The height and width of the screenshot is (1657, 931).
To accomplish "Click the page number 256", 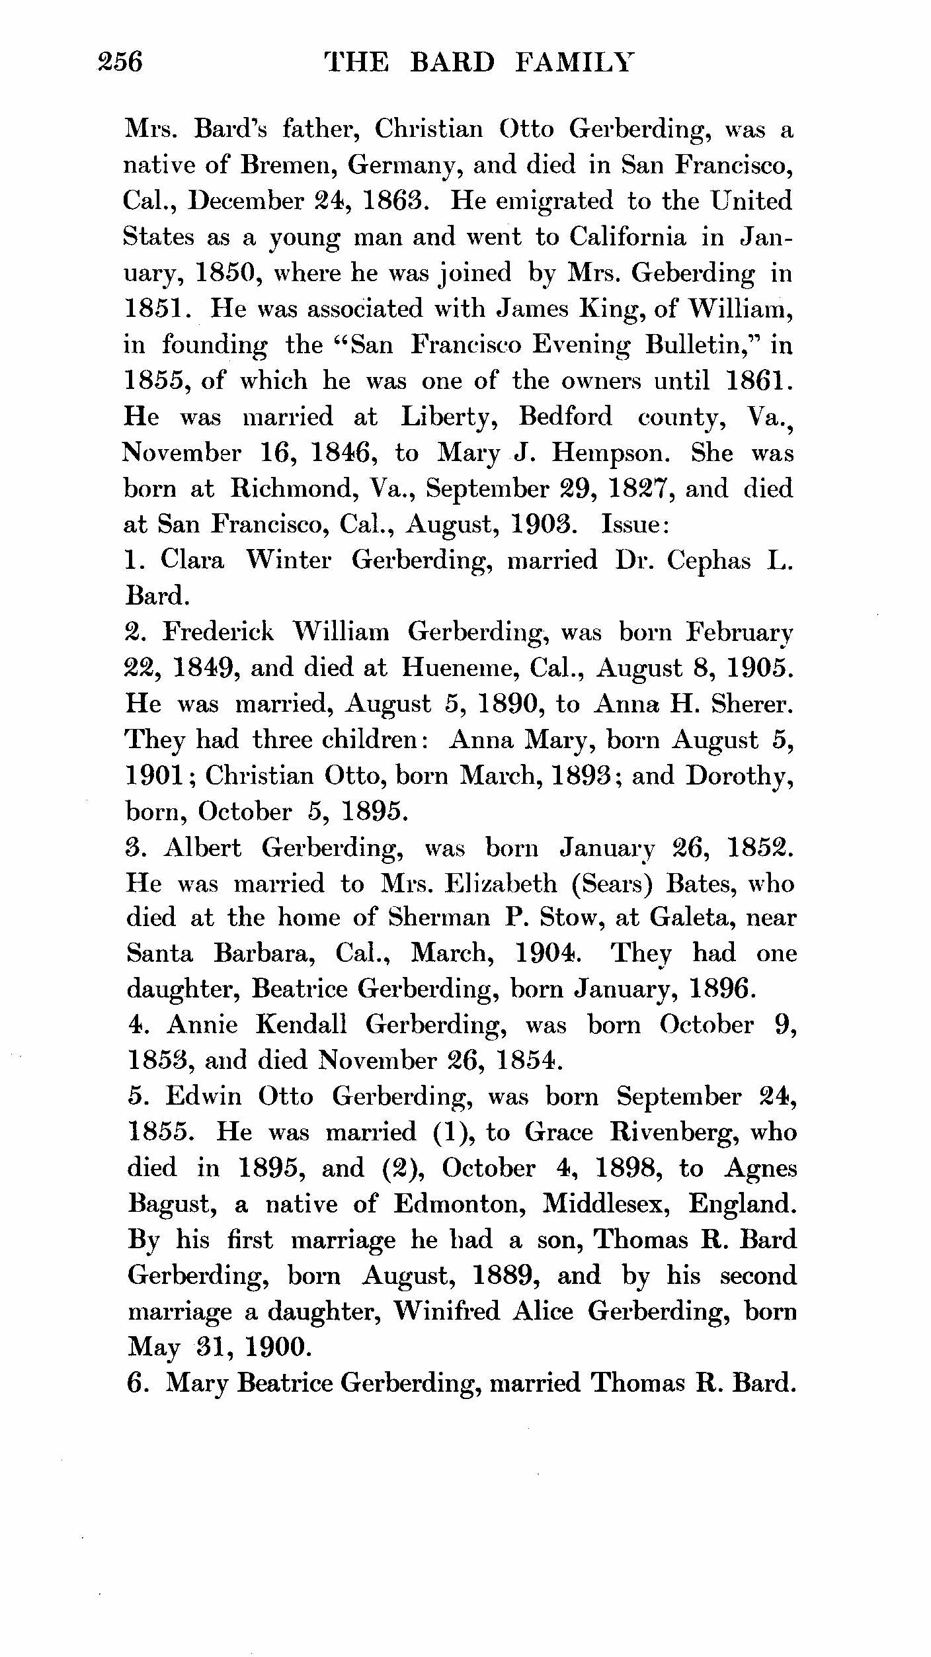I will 120,62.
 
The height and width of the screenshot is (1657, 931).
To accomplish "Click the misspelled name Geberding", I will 692,273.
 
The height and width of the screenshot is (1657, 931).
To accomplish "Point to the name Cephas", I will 708,561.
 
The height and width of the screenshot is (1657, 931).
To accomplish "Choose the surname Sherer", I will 751,704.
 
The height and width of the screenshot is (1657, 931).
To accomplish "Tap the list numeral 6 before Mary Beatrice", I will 134,1383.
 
